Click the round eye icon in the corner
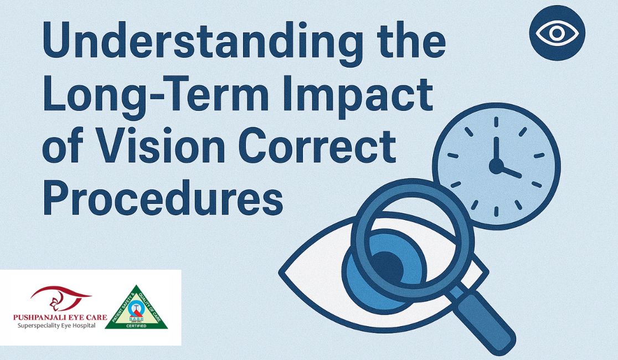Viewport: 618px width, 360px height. point(557,33)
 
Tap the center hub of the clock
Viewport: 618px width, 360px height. point(496,166)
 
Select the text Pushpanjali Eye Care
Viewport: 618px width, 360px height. point(60,317)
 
